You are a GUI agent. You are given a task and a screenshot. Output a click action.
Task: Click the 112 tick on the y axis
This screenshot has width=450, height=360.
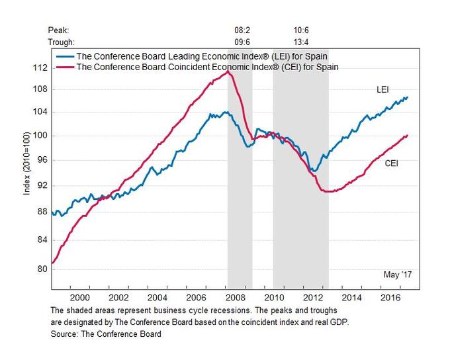click(x=41, y=68)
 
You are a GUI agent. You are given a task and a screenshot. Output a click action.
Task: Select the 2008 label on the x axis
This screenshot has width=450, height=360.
click(x=237, y=298)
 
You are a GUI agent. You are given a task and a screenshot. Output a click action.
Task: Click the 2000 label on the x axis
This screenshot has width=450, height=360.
click(x=80, y=298)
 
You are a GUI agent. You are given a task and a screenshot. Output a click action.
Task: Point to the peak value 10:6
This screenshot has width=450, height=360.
click(x=302, y=30)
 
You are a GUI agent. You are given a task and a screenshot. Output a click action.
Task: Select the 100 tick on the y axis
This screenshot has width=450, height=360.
click(x=41, y=136)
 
